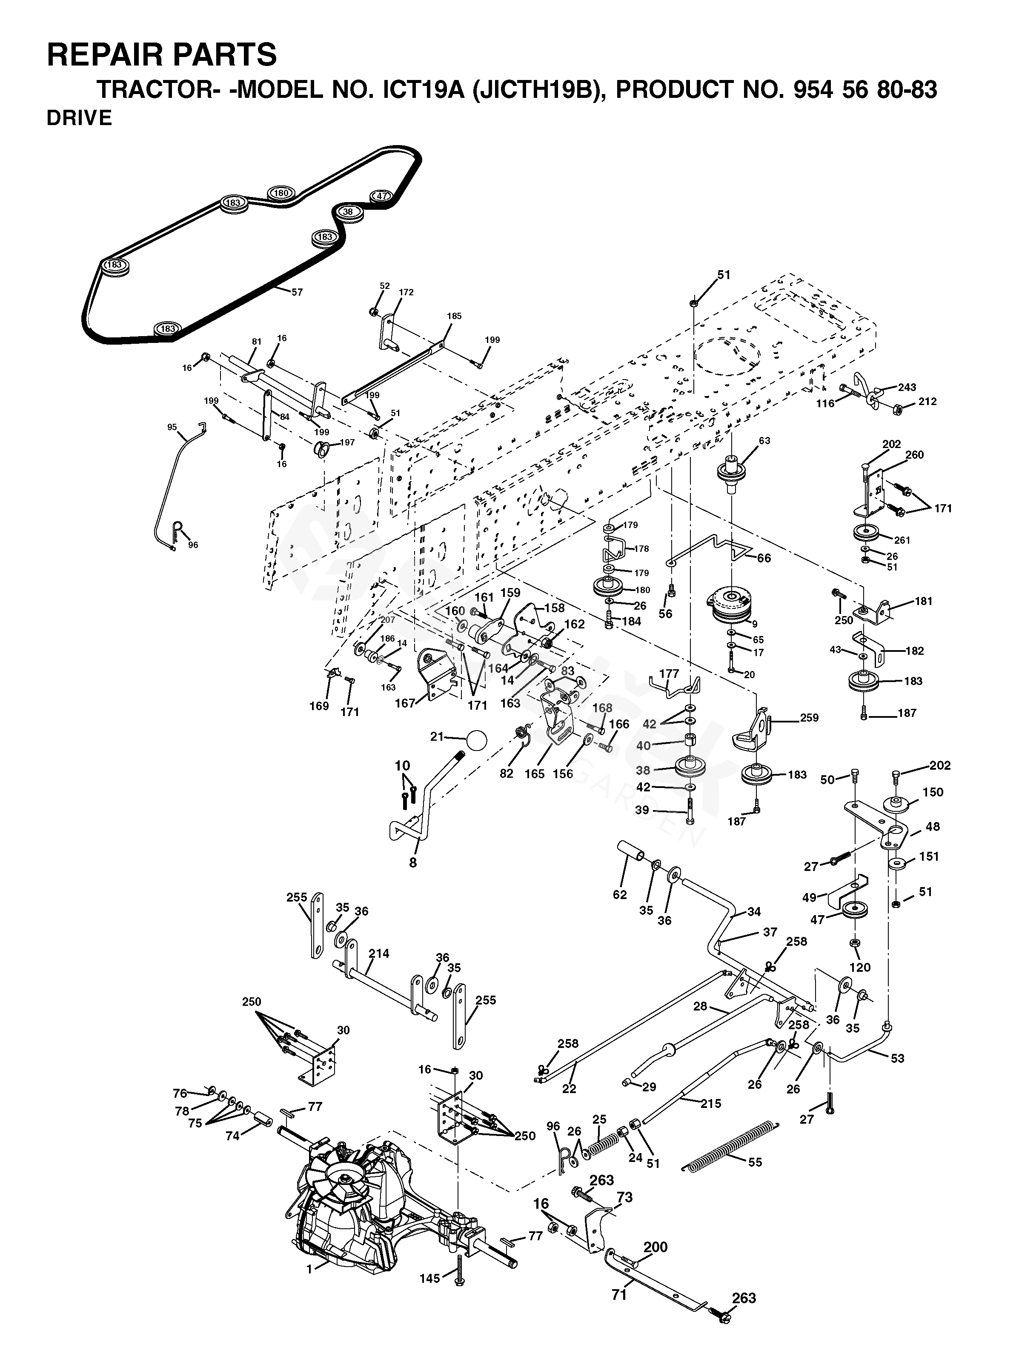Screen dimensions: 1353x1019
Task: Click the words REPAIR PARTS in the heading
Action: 162,54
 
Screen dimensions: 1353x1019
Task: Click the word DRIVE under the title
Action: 80,118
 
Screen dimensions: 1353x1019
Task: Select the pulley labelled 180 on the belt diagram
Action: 281,193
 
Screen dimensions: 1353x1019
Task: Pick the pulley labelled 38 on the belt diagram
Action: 348,212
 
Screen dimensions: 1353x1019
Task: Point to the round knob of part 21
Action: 475,739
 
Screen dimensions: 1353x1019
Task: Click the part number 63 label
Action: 764,440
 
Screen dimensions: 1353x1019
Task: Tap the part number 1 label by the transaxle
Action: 310,1265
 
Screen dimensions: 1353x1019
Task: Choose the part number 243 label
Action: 907,387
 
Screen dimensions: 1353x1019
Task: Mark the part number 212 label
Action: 927,402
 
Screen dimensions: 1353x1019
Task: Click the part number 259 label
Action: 809,717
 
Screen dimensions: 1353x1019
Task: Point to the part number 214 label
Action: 379,953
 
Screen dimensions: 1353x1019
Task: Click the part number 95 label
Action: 172,427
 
